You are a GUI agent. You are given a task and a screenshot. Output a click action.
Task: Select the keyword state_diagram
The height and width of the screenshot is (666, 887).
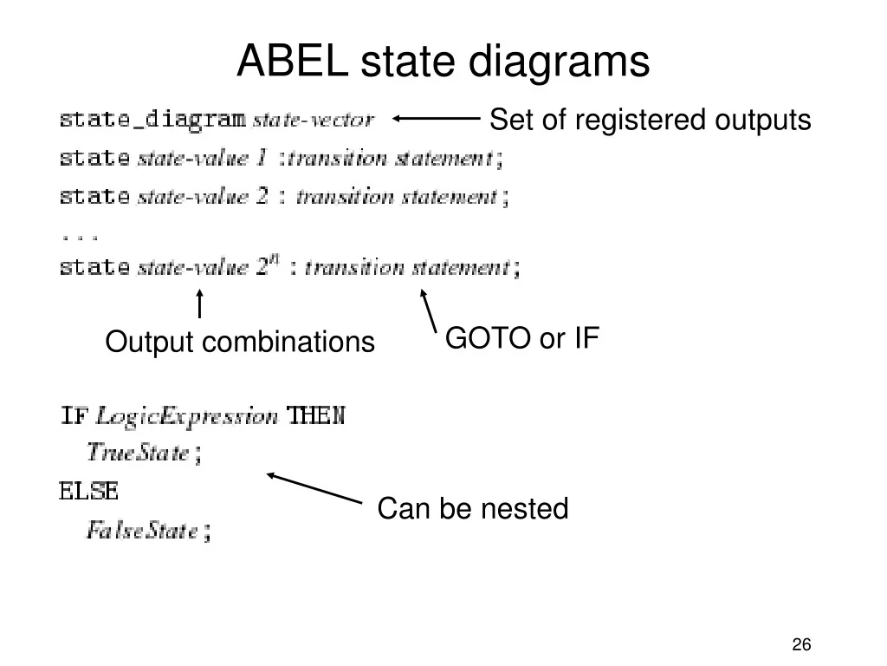152,119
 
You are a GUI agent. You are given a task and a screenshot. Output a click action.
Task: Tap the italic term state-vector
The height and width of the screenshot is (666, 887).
313,120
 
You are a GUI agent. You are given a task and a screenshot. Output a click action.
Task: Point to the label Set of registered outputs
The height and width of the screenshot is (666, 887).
650,120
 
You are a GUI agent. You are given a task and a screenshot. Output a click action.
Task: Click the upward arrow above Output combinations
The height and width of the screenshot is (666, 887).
200,304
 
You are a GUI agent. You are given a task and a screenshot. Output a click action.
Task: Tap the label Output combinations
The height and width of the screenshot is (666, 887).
240,343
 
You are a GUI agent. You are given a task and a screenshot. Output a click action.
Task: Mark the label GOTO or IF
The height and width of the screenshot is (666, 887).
522,338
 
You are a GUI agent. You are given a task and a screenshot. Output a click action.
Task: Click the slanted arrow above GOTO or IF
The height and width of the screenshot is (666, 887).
427,310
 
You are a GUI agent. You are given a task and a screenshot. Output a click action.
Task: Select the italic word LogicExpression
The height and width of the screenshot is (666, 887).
186,415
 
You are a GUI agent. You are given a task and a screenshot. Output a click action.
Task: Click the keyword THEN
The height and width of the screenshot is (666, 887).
315,415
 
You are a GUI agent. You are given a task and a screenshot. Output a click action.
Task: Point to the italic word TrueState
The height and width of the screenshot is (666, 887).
138,452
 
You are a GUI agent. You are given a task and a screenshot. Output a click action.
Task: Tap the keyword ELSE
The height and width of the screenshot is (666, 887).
87,491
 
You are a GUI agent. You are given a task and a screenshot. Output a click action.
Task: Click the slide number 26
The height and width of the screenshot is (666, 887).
801,644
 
